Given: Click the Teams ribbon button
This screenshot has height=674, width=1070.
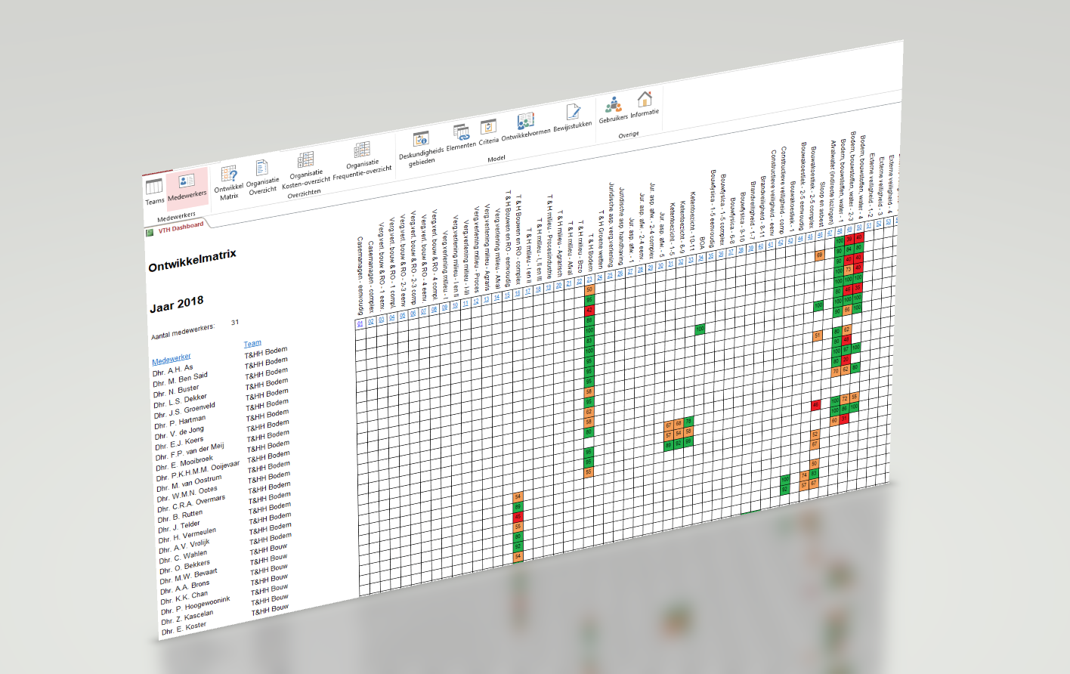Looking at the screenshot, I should coord(154,190).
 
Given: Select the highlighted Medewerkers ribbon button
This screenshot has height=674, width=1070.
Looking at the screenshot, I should coord(187,185).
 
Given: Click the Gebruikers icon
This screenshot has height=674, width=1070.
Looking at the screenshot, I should coord(613,107).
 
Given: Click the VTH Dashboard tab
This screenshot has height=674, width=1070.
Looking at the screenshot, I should coord(180,227).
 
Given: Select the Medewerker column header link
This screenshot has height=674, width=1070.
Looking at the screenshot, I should coord(171,358).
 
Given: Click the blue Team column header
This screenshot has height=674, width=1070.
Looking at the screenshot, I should coord(252,343).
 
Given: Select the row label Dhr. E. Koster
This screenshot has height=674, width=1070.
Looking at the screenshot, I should coord(181,628).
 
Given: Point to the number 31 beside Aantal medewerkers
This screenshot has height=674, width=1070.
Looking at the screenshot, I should coord(235,322).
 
